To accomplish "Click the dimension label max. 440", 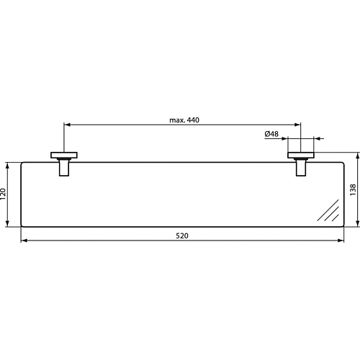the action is click(184, 120).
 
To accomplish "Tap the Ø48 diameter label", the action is click(271, 134).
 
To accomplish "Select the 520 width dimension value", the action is click(182, 236).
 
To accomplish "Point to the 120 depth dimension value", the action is click(3, 194).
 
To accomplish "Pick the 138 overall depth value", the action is click(353, 189).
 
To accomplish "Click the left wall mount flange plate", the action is click(64, 155).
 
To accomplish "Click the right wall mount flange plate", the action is click(301, 155).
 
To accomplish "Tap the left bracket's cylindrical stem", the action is click(64, 168).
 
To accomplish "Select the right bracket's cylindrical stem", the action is click(301, 168).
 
